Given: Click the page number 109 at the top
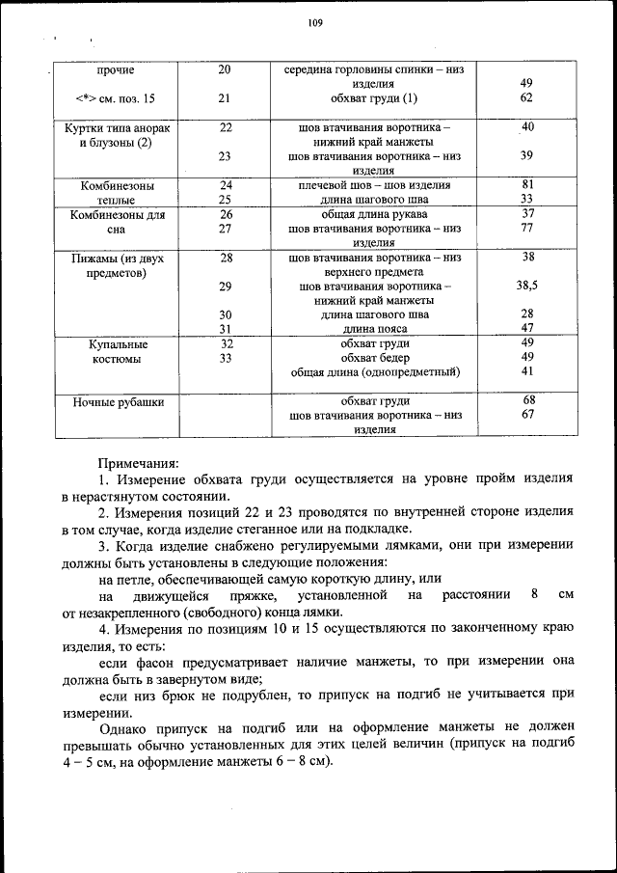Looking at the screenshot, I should pyautogui.click(x=314, y=26).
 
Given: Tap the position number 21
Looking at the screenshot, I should pyautogui.click(x=226, y=98).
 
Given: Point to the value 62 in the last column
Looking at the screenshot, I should pyautogui.click(x=526, y=98).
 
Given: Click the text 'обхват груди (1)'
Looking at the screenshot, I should pyautogui.click(x=375, y=98).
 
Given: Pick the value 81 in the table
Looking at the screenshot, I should pyautogui.click(x=526, y=184).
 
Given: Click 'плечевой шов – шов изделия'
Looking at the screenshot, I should pyautogui.click(x=375, y=185).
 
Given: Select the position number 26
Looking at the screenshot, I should pyautogui.click(x=226, y=214).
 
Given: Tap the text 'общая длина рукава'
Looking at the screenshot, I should pyautogui.click(x=375, y=214).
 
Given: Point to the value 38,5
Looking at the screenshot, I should pyautogui.click(x=526, y=286).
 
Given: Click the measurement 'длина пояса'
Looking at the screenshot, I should pyautogui.click(x=375, y=329).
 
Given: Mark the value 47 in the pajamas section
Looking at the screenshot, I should pyautogui.click(x=526, y=329).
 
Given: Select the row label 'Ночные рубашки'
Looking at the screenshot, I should pyautogui.click(x=115, y=401).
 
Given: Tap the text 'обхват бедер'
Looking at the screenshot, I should pyautogui.click(x=375, y=358).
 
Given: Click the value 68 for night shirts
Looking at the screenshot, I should pyautogui.click(x=527, y=400).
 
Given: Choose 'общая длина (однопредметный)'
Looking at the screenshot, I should pyautogui.click(x=375, y=372).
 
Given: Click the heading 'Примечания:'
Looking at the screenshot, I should pyautogui.click(x=138, y=464).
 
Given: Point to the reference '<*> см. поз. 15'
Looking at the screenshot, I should pyautogui.click(x=115, y=99).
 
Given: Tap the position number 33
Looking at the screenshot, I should pyautogui.click(x=226, y=358).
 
